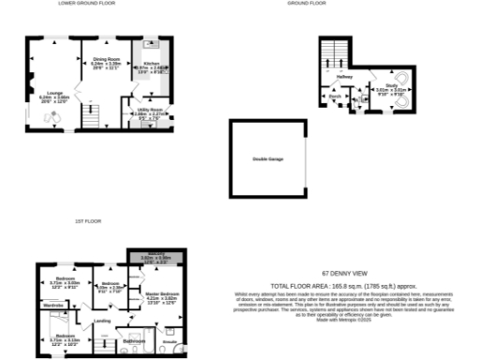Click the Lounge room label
[x=53, y=93]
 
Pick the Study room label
[x=390, y=85]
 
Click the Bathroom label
[x=134, y=341]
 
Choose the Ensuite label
[x=171, y=342]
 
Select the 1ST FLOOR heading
[x=87, y=221]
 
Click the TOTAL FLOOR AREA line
[x=333, y=284]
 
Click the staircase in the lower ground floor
[x=91, y=116]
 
